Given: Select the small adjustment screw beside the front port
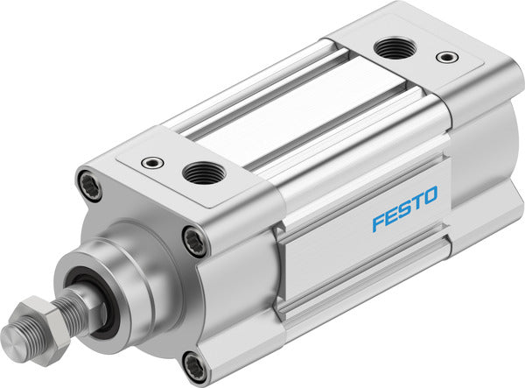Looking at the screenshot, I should pyautogui.click(x=155, y=161).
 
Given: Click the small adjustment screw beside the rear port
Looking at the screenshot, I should pyautogui.click(x=448, y=58).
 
